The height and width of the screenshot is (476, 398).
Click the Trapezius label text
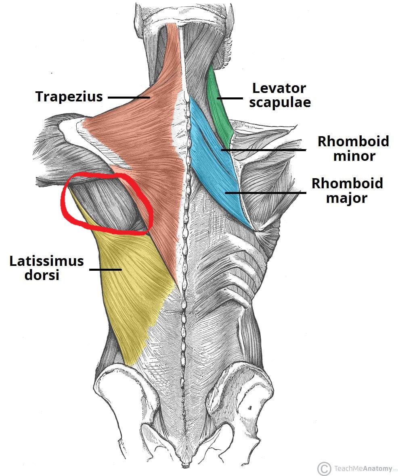click(69, 97)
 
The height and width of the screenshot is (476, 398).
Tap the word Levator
click(279, 88)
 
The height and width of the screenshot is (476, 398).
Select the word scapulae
click(280, 103)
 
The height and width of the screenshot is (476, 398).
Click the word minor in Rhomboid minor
click(354, 156)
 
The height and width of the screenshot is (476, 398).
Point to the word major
click(347, 198)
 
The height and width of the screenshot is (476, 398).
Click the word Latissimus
click(46, 261)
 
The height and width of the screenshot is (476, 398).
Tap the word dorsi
click(42, 275)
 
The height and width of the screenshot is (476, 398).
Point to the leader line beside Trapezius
click(129, 97)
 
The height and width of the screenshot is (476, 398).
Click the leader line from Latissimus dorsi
click(106, 269)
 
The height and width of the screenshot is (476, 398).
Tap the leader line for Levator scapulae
click(230, 98)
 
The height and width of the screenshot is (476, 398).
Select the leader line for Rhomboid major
click(266, 192)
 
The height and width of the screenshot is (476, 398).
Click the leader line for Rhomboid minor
click(263, 150)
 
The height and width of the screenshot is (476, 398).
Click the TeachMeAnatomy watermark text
click(363, 468)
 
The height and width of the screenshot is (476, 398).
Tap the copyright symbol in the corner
click(324, 468)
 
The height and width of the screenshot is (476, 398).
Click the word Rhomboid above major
click(347, 183)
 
